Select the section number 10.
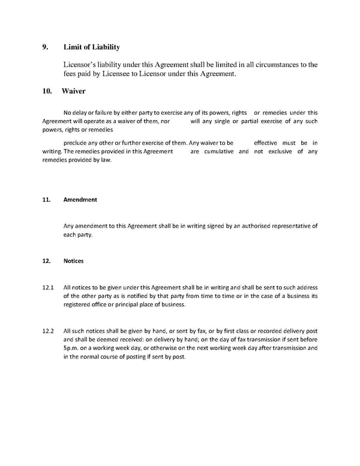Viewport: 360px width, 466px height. (46, 91)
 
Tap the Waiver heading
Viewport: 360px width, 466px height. (73, 91)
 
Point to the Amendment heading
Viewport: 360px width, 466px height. (80, 200)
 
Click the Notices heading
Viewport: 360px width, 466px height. (73, 261)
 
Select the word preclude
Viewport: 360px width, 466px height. (78, 143)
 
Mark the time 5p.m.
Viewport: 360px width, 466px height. (73, 348)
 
